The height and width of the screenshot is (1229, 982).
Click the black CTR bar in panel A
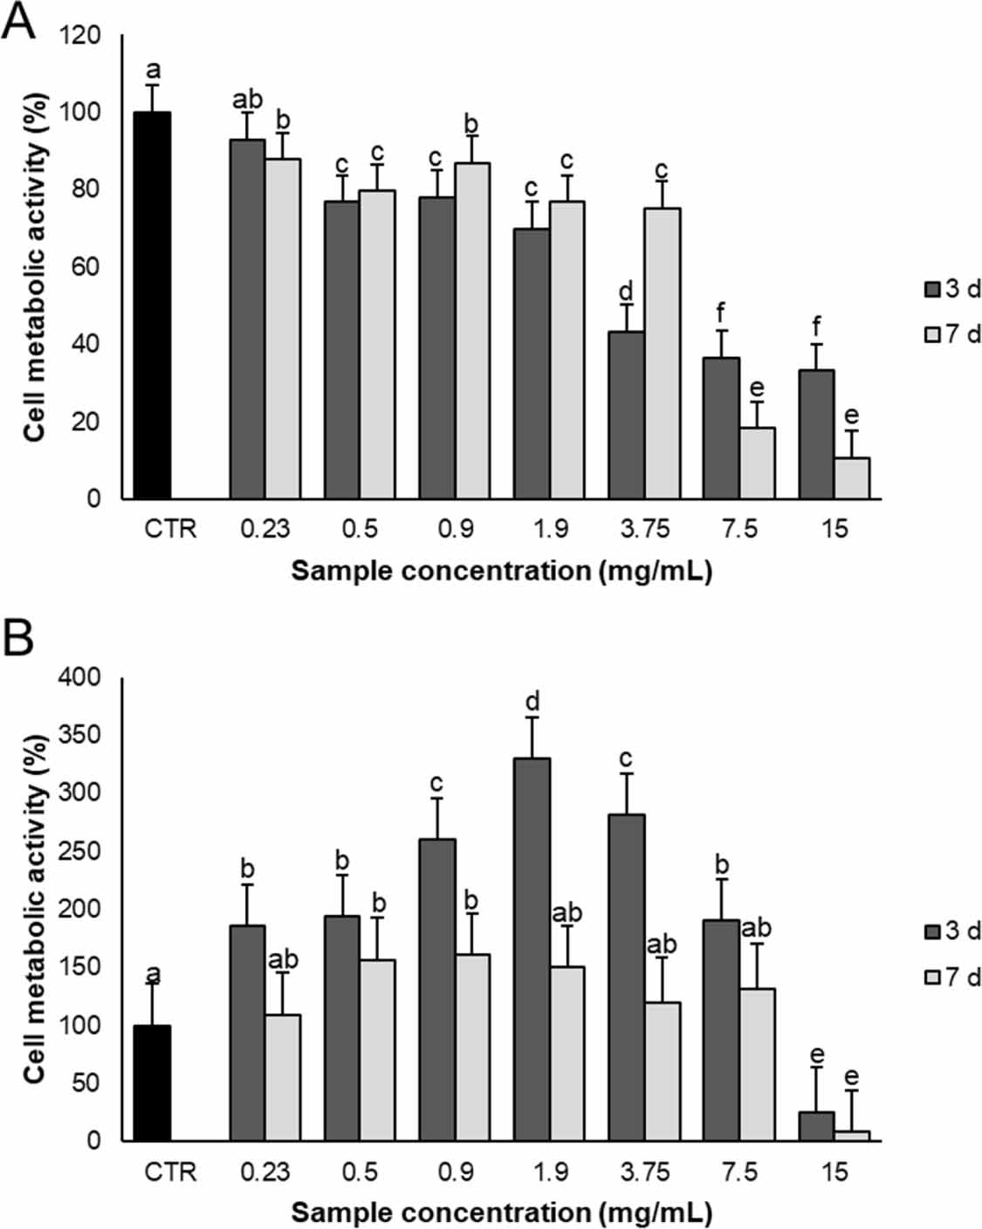tap(152, 305)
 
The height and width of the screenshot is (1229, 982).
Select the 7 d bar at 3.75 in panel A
tap(662, 353)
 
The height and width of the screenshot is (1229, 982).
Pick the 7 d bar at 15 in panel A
tap(852, 477)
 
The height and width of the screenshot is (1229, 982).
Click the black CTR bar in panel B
tap(152, 1082)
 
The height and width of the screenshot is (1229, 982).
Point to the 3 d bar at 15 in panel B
tap(816, 1125)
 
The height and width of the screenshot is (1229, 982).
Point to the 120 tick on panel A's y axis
tap(80, 36)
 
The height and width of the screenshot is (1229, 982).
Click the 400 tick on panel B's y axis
tap(80, 676)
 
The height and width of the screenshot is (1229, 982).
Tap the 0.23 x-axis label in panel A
tap(265, 529)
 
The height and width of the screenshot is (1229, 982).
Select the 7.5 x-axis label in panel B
tap(739, 1171)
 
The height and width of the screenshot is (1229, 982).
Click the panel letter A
tap(18, 21)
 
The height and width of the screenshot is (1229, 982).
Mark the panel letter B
tap(18, 638)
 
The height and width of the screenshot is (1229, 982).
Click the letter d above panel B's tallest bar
tap(532, 701)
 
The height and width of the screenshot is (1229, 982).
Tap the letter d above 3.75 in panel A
tap(626, 291)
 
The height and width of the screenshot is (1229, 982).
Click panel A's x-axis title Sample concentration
tap(501, 571)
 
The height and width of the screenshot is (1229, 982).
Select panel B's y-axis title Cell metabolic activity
tap(34, 908)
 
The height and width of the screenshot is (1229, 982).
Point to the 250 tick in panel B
tap(80, 851)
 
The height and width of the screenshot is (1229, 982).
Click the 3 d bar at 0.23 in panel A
tap(247, 319)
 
